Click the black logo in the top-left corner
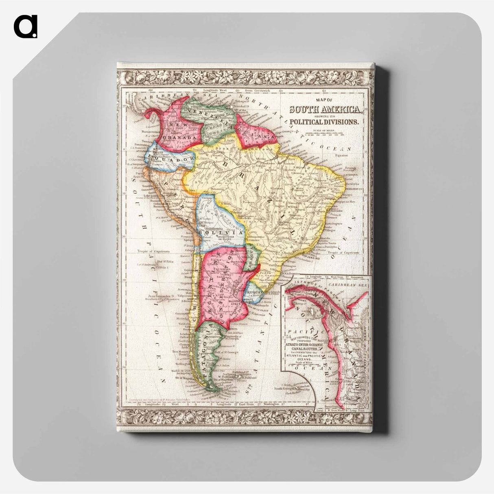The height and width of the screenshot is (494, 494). (x=26, y=26)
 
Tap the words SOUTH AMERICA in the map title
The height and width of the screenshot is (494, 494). (x=325, y=109)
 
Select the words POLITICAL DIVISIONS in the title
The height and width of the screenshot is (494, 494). (x=324, y=122)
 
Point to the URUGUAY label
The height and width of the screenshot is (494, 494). (x=254, y=293)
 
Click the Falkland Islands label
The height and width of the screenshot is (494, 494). (x=241, y=372)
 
